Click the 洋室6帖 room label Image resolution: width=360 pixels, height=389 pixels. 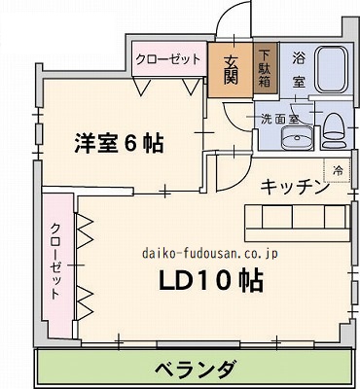pyautogui.click(x=120, y=143)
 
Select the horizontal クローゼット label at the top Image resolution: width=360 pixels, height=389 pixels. pyautogui.click(x=168, y=59)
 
